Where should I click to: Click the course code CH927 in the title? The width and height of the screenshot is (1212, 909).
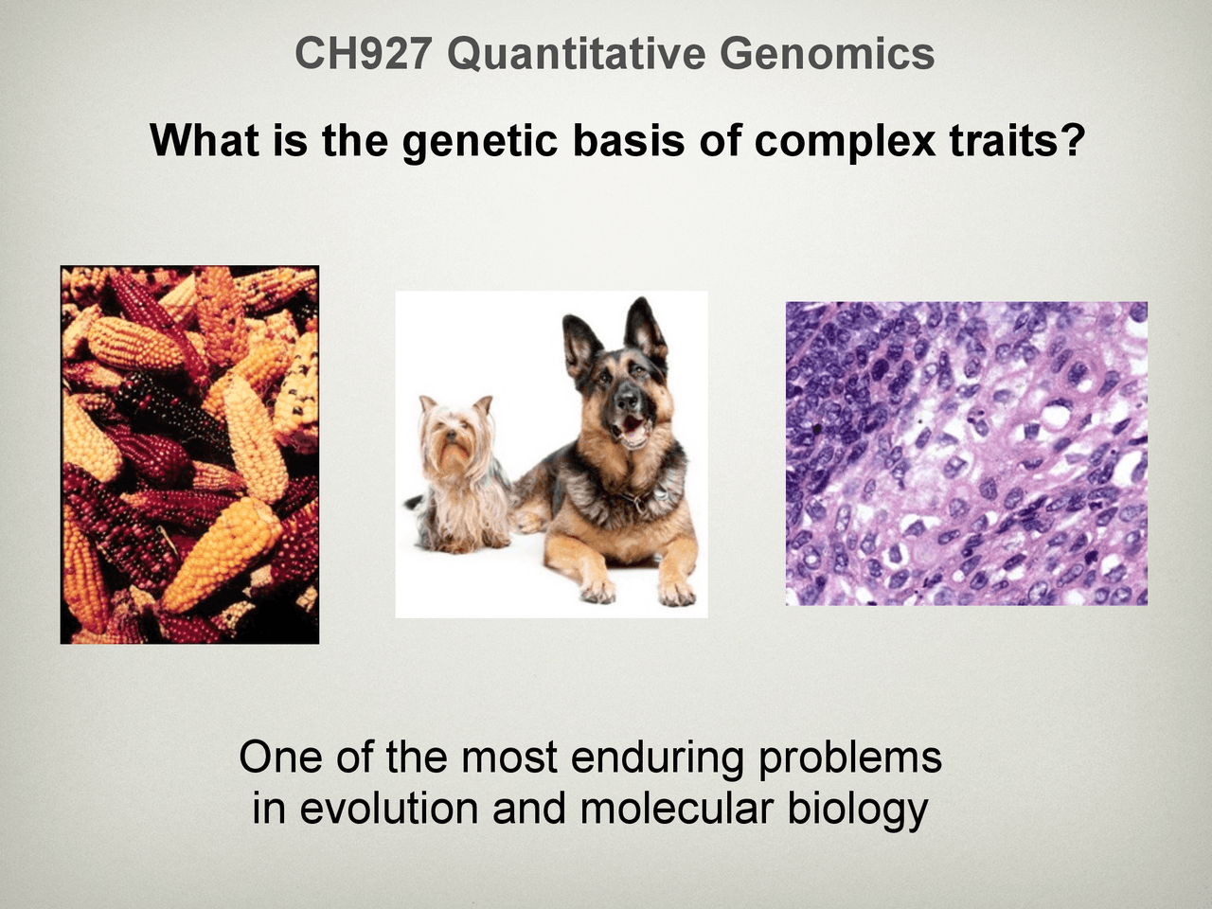[x=364, y=54]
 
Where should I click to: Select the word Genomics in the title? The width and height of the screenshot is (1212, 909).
[x=827, y=54]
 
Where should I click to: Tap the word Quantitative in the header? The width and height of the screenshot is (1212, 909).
[x=576, y=54]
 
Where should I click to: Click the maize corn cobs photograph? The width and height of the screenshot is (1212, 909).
[x=189, y=454]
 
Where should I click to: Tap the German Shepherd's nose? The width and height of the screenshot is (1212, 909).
[x=625, y=405]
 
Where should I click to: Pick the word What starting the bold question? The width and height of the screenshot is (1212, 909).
[x=204, y=142]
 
